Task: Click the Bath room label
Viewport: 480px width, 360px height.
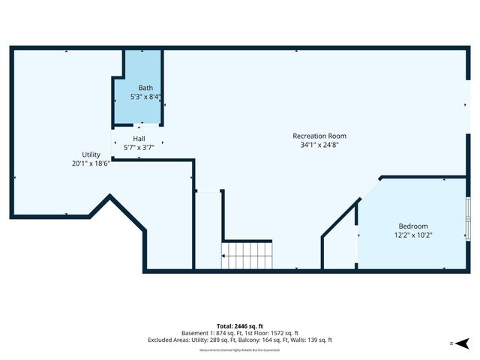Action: [x=145, y=88]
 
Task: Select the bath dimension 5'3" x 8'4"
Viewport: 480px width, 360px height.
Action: [x=145, y=97]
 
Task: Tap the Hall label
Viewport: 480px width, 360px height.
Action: [x=139, y=139]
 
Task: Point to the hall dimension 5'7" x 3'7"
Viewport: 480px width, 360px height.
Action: [x=139, y=148]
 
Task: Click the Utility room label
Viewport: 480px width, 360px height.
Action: [x=91, y=154]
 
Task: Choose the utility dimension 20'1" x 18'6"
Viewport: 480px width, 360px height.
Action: [x=91, y=163]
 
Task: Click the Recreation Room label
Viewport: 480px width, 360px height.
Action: [x=319, y=136]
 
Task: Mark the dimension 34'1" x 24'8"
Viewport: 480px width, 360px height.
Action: [x=319, y=145]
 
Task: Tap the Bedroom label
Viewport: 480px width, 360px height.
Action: [x=413, y=226]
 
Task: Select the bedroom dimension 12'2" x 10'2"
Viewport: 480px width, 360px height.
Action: [x=413, y=235]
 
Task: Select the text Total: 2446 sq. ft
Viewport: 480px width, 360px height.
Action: [x=239, y=325]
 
